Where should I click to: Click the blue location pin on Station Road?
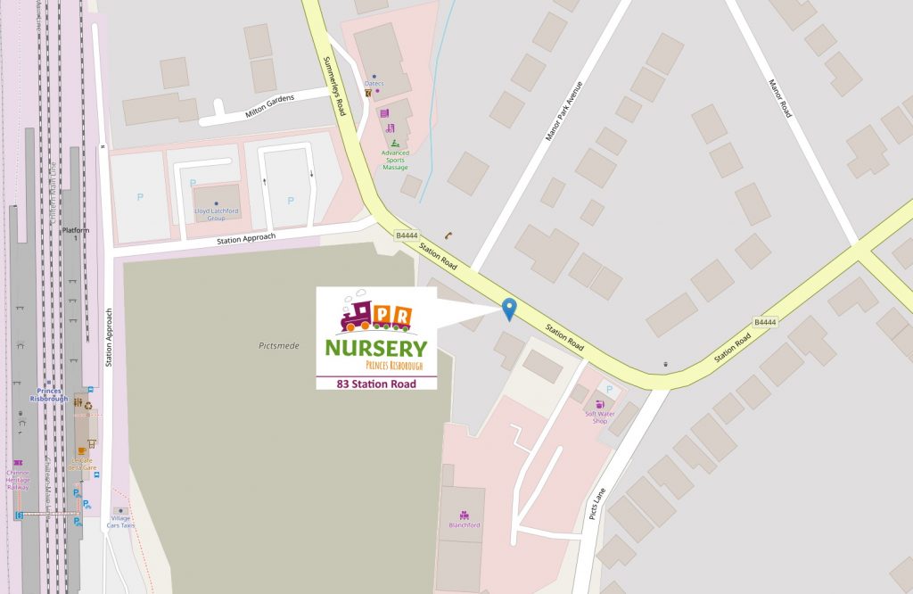509,309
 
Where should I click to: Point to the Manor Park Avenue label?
563,112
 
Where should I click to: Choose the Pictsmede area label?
276,345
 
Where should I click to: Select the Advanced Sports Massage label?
395,161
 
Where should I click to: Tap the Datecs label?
374,84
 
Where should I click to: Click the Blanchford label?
465,524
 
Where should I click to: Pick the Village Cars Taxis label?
120,521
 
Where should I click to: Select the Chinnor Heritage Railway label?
18,480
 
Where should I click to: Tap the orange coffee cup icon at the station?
83,451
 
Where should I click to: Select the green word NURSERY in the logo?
375,348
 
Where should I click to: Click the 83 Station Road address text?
375,384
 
